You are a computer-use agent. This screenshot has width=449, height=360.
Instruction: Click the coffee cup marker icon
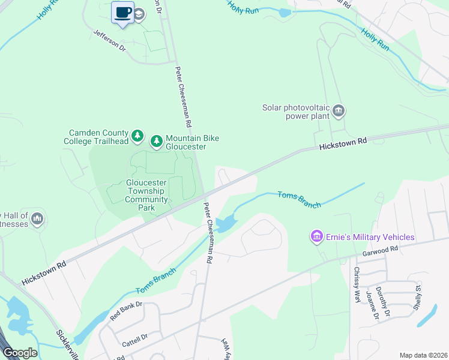click(123, 13)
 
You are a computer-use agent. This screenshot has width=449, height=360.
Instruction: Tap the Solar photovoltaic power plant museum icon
click(339, 110)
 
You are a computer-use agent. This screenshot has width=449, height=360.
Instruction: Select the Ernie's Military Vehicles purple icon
click(316, 237)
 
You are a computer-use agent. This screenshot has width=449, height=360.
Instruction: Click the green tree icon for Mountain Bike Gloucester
click(156, 141)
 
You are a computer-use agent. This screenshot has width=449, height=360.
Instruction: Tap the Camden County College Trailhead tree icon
click(138, 136)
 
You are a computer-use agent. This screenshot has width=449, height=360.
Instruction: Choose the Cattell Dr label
click(135, 340)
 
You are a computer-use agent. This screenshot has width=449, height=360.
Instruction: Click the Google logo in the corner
click(20, 352)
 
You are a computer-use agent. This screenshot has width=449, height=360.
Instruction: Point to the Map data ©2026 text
click(423, 355)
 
